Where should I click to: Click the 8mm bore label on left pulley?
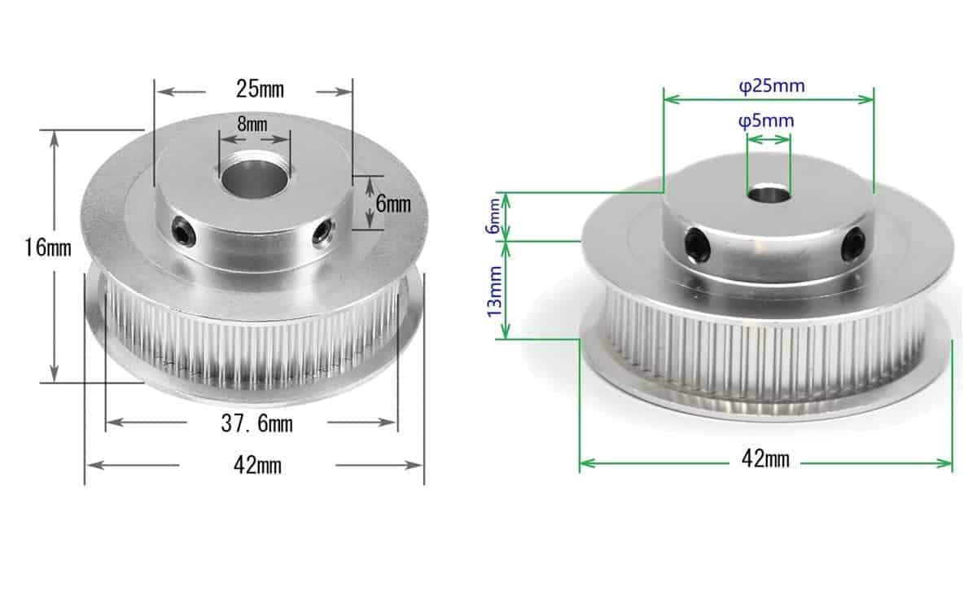pyautogui.click(x=252, y=125)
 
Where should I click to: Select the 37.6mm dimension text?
pyautogui.click(x=256, y=423)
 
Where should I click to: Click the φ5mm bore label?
pyautogui.click(x=766, y=121)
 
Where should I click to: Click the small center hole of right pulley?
pyautogui.click(x=768, y=194)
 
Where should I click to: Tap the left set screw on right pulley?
pyautogui.click(x=697, y=243)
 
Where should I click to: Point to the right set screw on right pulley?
pyautogui.click(x=853, y=243)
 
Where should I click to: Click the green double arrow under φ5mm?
pyautogui.click(x=768, y=140)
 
